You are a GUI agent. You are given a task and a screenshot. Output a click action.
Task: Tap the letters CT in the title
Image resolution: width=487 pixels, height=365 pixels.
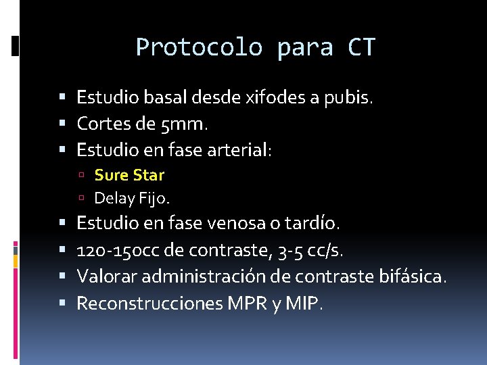click(x=362, y=47)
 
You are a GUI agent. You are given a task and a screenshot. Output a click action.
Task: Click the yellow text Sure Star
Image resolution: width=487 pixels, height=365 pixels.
click(x=129, y=175)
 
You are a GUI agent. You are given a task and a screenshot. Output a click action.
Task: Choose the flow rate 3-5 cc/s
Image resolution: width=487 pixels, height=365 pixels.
click(x=310, y=251)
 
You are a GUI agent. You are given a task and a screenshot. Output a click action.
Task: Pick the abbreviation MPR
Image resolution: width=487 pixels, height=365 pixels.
click(x=248, y=303)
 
